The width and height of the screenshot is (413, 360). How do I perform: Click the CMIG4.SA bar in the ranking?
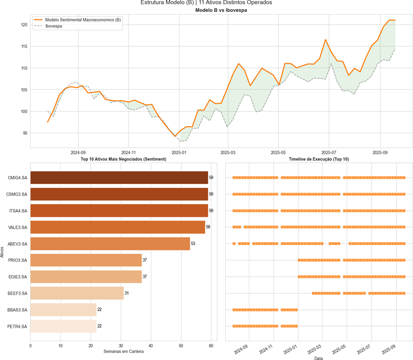[x=119, y=178]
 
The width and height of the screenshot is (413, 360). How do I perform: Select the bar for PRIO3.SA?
[x=86, y=260]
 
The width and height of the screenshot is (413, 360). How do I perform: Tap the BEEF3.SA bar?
[x=77, y=293]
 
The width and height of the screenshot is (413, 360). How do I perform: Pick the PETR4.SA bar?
[x=63, y=326]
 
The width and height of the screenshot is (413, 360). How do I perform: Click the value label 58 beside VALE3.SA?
[x=208, y=227]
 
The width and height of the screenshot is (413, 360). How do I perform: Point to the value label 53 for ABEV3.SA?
[x=193, y=244]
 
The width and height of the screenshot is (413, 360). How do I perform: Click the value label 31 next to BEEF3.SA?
[x=127, y=293]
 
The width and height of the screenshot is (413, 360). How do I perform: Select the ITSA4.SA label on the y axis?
[x=18, y=211]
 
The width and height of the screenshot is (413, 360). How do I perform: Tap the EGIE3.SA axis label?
[x=18, y=277]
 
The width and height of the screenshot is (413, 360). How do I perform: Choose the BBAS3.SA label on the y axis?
[x=18, y=310]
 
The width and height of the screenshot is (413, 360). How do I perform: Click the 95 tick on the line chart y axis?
[x=25, y=133]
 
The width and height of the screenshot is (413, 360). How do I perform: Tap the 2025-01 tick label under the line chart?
[x=179, y=152]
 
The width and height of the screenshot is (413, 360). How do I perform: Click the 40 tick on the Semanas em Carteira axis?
[x=151, y=346]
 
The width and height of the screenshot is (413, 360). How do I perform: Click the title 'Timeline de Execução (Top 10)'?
[x=319, y=158]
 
